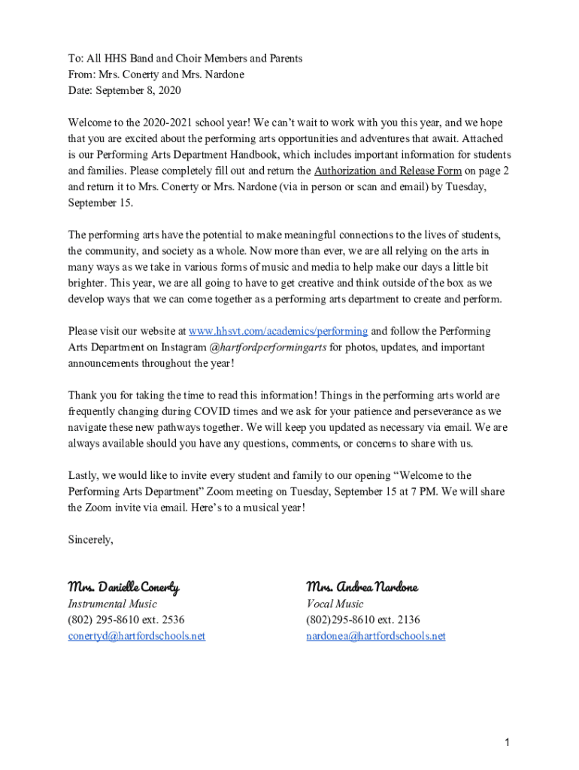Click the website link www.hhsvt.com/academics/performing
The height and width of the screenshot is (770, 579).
(277, 331)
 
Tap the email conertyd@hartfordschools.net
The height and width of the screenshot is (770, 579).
(136, 636)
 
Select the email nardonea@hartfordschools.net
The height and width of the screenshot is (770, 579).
(375, 636)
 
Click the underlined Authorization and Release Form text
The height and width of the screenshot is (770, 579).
(387, 171)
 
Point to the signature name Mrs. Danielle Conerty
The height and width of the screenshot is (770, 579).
(123, 587)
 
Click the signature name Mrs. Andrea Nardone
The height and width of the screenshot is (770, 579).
(362, 587)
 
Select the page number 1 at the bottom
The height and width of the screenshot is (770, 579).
(508, 743)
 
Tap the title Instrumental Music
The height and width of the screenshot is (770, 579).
(112, 604)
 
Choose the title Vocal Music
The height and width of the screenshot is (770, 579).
(334, 604)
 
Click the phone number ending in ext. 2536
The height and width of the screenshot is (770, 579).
(126, 620)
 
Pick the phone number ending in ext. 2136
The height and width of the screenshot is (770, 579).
(362, 620)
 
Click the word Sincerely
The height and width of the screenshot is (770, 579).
(90, 539)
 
